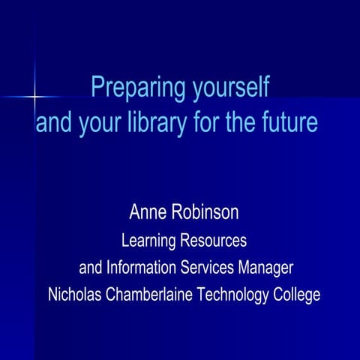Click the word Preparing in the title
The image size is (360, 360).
pos(128,88)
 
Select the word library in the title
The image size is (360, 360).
pos(157,122)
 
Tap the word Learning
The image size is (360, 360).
pos(148,241)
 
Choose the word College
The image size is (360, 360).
pos(295,295)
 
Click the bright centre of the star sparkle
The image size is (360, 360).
pos(34,96)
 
